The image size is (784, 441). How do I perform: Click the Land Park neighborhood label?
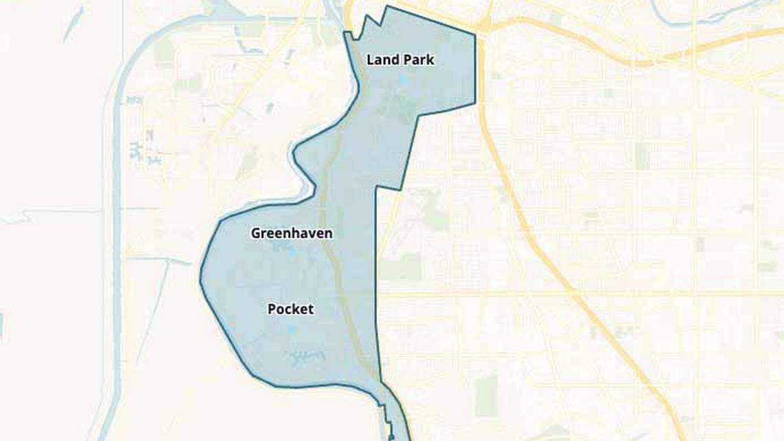(400, 60)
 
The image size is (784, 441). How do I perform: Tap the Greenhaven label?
(292, 233)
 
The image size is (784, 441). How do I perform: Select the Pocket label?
(290, 310)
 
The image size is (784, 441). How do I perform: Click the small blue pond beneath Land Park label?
(402, 80)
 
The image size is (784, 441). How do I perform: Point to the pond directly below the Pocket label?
(292, 330)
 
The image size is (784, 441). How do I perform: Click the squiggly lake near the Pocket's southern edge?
(307, 357)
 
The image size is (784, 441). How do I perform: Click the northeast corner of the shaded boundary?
(475, 33)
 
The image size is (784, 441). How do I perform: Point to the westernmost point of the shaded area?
(201, 280)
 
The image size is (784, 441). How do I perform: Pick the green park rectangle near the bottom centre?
(486, 396)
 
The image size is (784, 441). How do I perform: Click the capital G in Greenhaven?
(256, 233)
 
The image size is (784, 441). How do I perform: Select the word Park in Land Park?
(420, 60)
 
